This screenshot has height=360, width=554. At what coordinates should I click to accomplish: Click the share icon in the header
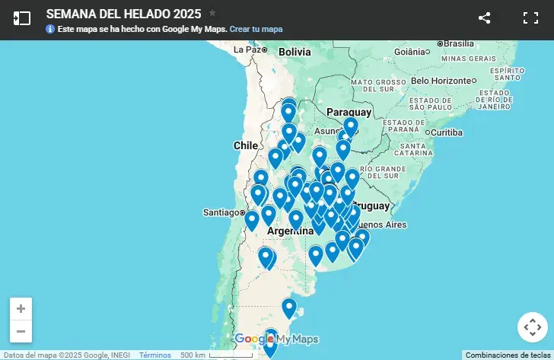[485, 18]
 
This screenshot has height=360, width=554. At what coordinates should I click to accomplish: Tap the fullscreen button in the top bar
[530, 18]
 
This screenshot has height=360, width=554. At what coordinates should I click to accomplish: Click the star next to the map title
[212, 13]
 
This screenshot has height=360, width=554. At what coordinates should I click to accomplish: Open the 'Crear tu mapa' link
[256, 29]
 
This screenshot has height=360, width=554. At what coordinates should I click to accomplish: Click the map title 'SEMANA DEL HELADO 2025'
[123, 14]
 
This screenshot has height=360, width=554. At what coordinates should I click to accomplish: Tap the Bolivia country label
[295, 52]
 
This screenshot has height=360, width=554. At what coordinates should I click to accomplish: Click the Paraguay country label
[349, 112]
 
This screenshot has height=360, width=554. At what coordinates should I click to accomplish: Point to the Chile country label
[246, 145]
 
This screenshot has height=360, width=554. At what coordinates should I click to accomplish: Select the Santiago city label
[221, 212]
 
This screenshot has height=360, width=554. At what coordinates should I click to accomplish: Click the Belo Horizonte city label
[441, 80]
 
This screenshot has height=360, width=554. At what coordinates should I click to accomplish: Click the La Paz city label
[248, 49]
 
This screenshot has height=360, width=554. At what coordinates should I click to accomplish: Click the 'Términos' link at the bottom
[155, 355]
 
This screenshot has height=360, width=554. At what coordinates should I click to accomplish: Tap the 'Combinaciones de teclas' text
[508, 355]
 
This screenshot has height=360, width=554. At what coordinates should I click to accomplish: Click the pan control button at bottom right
[531, 327]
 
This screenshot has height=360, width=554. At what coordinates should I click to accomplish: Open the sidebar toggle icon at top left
[22, 18]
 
